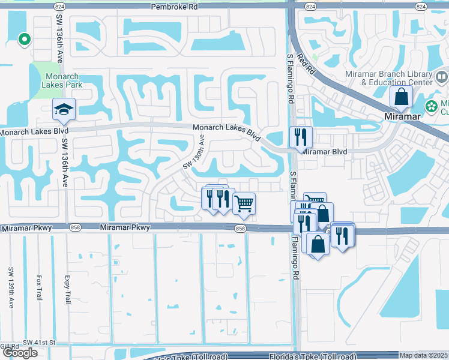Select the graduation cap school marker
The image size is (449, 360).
(62, 109)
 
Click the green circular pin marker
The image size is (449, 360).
(24, 40)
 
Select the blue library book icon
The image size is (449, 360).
(441, 77)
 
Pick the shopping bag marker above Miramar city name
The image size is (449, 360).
(401, 97)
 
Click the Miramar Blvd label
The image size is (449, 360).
(324, 152)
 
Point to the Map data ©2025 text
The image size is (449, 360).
(423, 356)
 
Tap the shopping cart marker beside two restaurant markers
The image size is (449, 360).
(244, 203)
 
